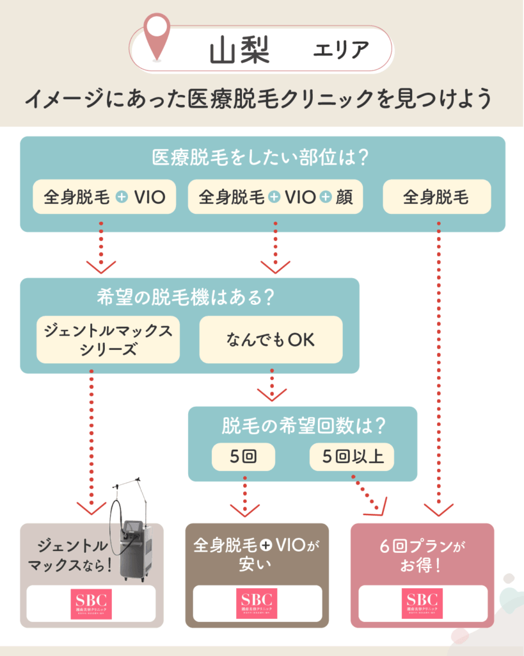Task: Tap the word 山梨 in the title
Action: pos(240,51)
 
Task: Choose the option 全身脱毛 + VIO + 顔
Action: pos(275,197)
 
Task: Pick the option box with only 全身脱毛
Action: pos(436,197)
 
